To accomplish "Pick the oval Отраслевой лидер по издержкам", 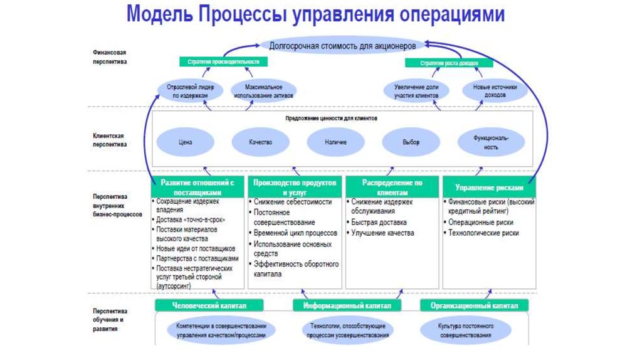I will pos(190,90).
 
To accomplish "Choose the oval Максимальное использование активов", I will pos(263,90).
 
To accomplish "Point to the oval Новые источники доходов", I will pos(490,90).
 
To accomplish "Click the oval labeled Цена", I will pos(185,142).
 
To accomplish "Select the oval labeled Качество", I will pos(260,142).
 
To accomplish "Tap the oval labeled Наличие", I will pos(335,142).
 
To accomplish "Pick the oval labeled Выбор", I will pos(411,142).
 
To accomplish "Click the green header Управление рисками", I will pos(489,188).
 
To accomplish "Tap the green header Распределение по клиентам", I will pos(392,187).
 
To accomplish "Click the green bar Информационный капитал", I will pos(347,305).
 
